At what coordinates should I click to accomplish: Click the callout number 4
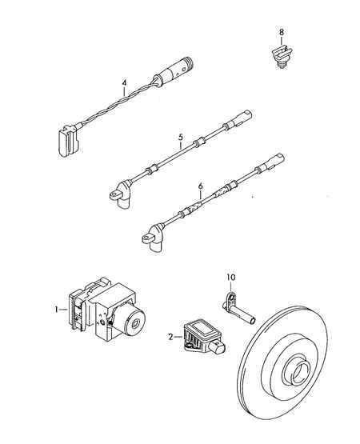click(x=124, y=83)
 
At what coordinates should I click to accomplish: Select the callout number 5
click(x=181, y=138)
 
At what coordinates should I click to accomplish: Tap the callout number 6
click(x=201, y=186)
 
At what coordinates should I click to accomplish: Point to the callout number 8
click(x=282, y=32)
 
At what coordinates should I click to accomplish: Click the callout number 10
click(x=231, y=278)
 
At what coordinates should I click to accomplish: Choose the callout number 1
click(x=57, y=310)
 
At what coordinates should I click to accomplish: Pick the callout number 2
click(x=170, y=337)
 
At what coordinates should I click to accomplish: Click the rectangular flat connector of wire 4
click(x=68, y=140)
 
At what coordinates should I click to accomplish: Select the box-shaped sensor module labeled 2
click(x=201, y=336)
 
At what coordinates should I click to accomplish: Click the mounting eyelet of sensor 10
click(x=231, y=298)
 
